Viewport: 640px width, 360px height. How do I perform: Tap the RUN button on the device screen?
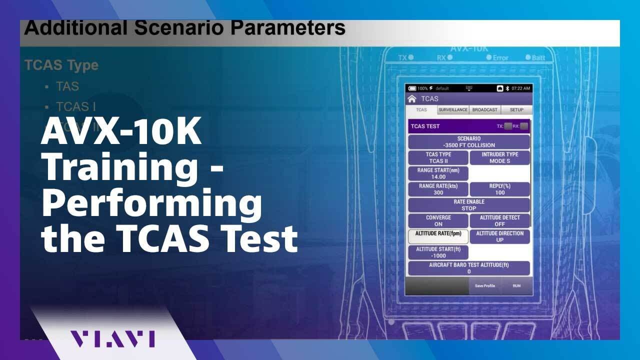(x=516, y=285)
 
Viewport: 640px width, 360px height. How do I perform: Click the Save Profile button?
(x=484, y=285)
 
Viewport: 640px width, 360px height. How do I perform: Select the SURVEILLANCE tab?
(x=453, y=110)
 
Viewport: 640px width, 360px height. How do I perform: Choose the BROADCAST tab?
(x=484, y=110)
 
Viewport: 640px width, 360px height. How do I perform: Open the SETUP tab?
(x=516, y=110)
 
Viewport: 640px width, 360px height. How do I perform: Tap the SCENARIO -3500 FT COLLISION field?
(x=469, y=142)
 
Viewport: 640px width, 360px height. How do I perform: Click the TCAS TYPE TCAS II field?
(x=438, y=158)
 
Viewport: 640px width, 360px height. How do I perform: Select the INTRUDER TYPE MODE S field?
(x=499, y=158)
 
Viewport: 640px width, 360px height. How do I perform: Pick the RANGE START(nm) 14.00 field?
(x=438, y=173)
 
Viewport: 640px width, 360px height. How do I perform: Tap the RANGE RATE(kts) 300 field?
(x=438, y=189)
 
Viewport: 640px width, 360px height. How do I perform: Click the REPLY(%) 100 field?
(x=499, y=189)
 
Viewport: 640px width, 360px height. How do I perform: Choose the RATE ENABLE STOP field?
(x=469, y=205)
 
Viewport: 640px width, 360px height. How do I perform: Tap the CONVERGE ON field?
(x=438, y=221)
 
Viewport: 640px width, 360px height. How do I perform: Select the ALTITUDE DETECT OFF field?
(x=499, y=221)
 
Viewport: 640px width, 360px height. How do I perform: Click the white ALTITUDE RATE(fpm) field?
(x=438, y=236)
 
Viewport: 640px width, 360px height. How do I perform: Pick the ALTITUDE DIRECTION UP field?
(x=499, y=236)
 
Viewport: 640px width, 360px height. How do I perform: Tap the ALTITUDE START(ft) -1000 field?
(x=438, y=252)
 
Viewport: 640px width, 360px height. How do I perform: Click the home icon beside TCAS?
(x=412, y=98)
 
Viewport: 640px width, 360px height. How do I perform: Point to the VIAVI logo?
(x=112, y=338)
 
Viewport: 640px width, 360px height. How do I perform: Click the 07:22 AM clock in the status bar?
(x=520, y=88)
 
